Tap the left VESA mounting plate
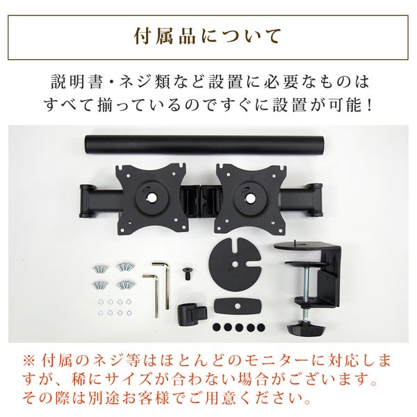coord(151,199)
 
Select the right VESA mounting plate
coord(252,199)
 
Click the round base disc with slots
coord(235,265)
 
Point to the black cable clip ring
coord(192,314)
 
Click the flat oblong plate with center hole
coord(238,306)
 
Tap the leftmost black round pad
coord(216,327)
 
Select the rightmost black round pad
coord(261,327)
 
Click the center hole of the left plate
coord(152,197)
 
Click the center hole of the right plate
coord(250,197)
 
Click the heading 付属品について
coord(208,36)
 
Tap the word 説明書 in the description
coord(76,82)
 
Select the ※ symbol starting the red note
coord(29,361)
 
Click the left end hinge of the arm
coord(88,199)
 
